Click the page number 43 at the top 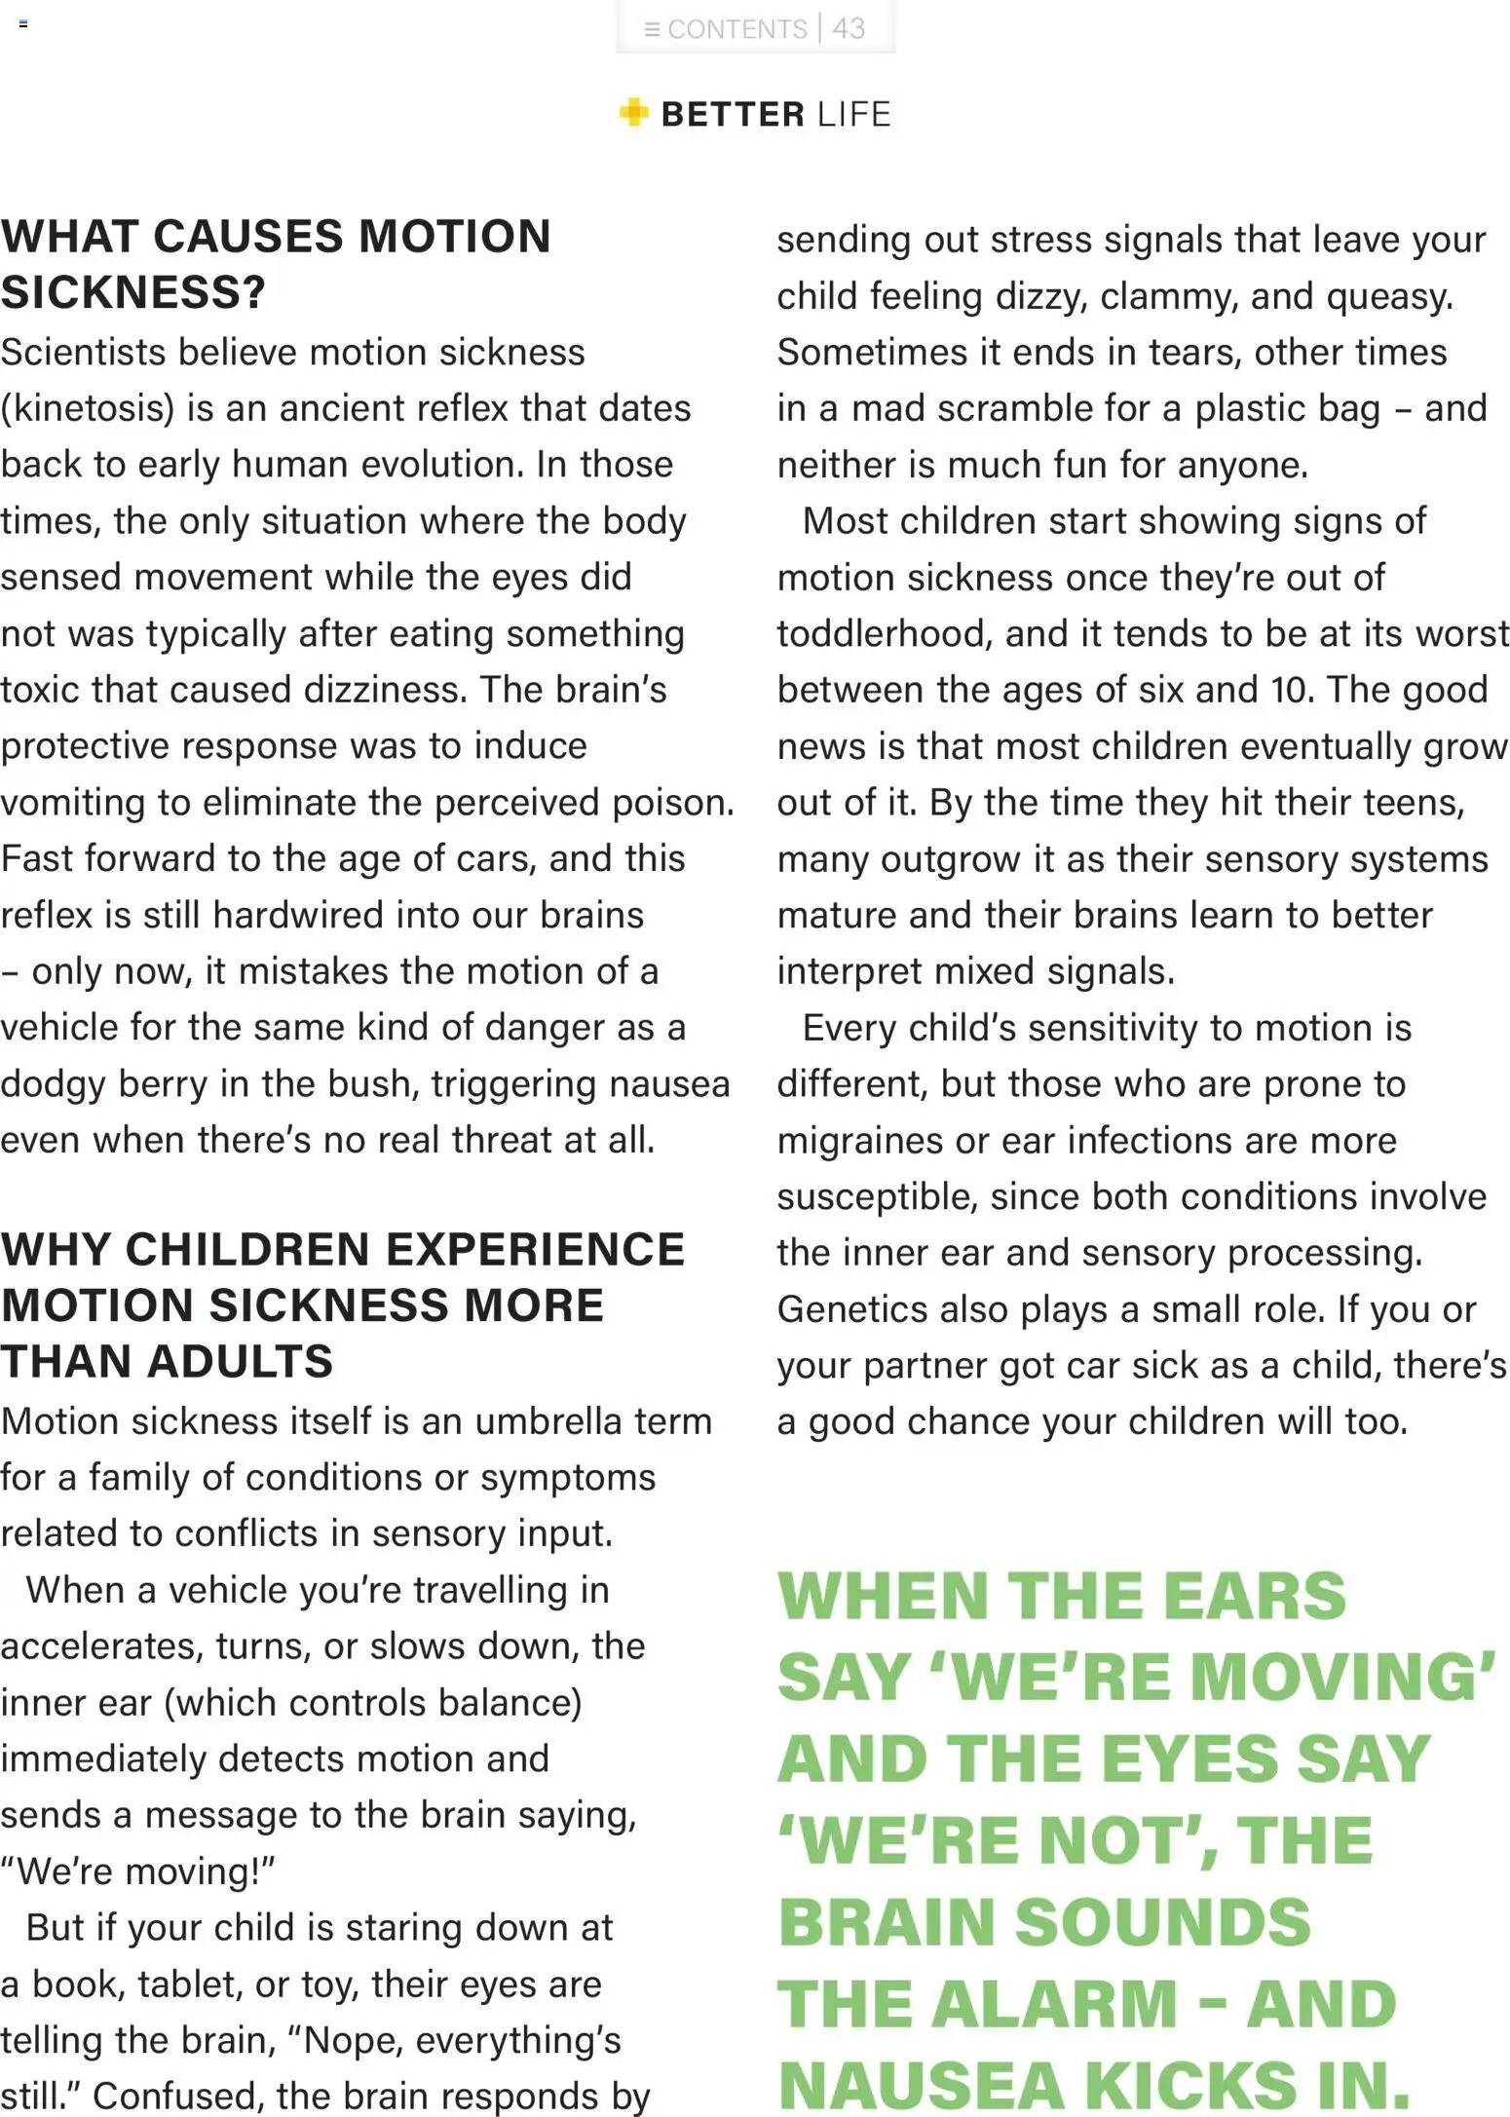click(848, 28)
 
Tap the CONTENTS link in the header click(736, 29)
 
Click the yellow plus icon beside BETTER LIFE click(633, 113)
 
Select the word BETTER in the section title click(733, 114)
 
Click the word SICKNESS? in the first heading click(132, 292)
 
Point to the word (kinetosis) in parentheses click(88, 408)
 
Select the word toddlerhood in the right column click(885, 634)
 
